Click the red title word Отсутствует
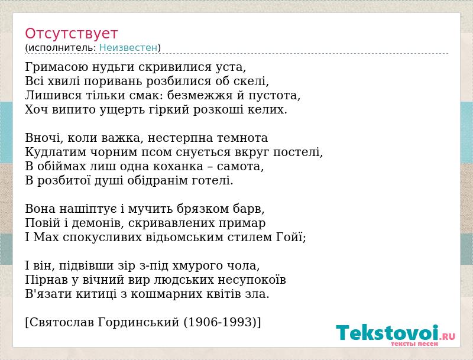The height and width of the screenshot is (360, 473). coord(71,33)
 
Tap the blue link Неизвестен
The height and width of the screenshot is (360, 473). coord(128,48)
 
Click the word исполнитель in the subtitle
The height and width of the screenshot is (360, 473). coord(61,48)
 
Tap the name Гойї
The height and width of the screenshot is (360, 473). coord(290,237)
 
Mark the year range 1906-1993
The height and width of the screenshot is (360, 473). coord(220,322)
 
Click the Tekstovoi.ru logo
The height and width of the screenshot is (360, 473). coord(396,333)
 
